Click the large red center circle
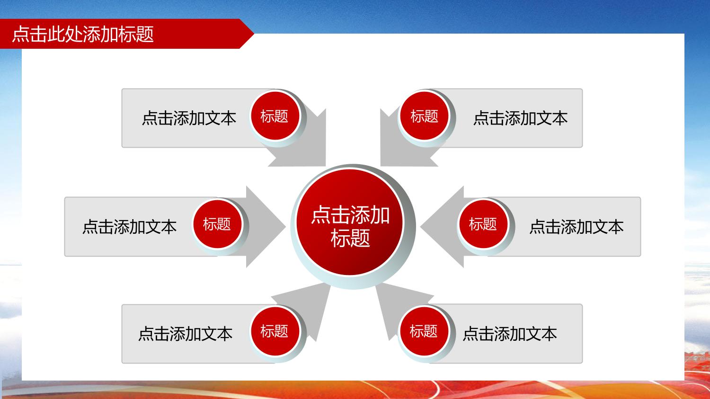point(350,222)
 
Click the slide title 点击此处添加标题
point(83,34)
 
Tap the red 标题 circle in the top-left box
point(275,115)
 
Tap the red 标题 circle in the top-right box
point(424,115)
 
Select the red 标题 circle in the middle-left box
point(217,224)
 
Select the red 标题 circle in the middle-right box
point(483,224)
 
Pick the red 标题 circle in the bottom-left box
point(275,331)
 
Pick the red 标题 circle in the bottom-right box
point(424,331)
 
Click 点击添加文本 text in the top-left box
point(189,118)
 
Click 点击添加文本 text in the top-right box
point(521,118)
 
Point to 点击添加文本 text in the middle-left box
point(130,227)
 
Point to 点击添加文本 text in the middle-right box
point(577,227)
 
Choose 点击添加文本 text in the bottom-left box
point(186,334)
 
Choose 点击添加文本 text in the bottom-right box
point(510,334)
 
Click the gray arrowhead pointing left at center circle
point(442,227)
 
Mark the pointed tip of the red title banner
point(254,33)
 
